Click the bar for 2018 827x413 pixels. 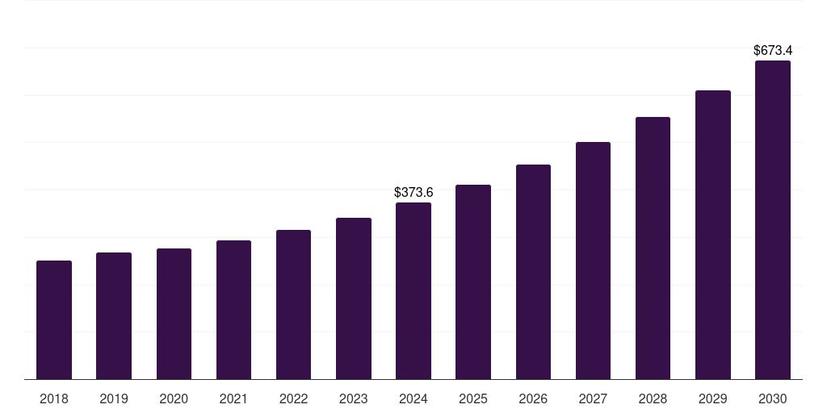(x=54, y=320)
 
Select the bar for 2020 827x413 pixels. (x=174, y=314)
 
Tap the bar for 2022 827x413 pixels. (x=293, y=305)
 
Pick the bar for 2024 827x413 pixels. (x=413, y=291)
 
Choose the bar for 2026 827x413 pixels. (x=533, y=272)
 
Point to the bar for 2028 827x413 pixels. (x=653, y=248)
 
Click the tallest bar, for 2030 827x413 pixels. (x=772, y=220)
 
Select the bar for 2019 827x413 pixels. (x=114, y=316)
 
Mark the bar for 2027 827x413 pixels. (x=593, y=261)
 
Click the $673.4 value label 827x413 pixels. (x=772, y=51)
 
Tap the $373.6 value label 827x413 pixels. (x=413, y=193)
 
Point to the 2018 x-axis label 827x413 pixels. (x=54, y=399)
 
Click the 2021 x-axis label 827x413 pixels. (x=233, y=399)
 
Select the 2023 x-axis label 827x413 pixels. (x=353, y=399)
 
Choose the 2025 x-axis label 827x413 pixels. (x=473, y=399)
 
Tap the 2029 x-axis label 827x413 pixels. (x=712, y=399)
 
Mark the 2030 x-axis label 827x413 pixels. (x=772, y=399)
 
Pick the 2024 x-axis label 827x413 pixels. (x=413, y=399)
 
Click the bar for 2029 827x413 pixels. (x=712, y=235)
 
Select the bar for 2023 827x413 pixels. (x=353, y=298)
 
